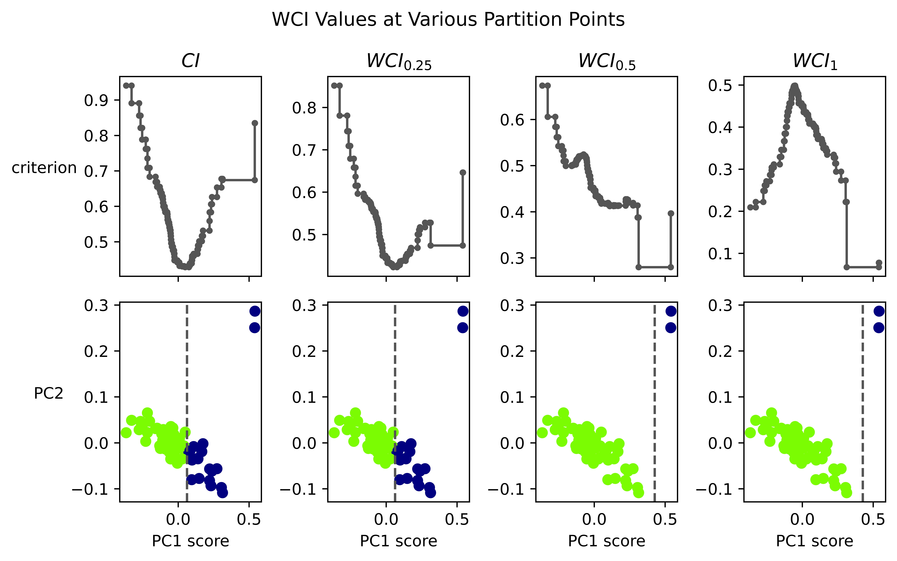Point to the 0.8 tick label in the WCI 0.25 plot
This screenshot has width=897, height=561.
(x=304, y=108)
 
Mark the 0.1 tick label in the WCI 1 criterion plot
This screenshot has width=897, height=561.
(x=720, y=254)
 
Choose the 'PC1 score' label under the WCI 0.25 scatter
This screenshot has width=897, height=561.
(x=399, y=541)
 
